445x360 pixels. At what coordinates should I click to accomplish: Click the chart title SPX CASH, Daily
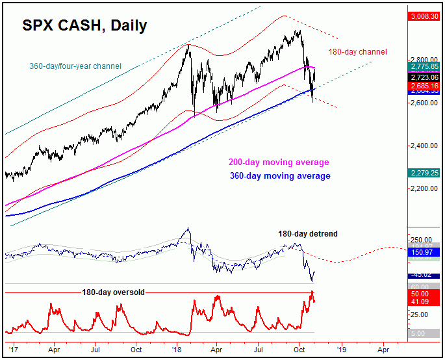point(84,26)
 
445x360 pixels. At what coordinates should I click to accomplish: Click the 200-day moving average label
point(278,162)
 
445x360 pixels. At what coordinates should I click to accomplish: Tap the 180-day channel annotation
point(357,51)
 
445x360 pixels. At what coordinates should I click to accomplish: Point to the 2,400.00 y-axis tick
point(424,146)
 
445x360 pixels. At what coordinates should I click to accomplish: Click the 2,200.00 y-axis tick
point(424,188)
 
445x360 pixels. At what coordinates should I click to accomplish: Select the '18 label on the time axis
point(177,348)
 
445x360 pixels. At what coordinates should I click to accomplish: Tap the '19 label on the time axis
point(341,348)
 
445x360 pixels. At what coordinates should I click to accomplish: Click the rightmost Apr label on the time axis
point(383,348)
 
